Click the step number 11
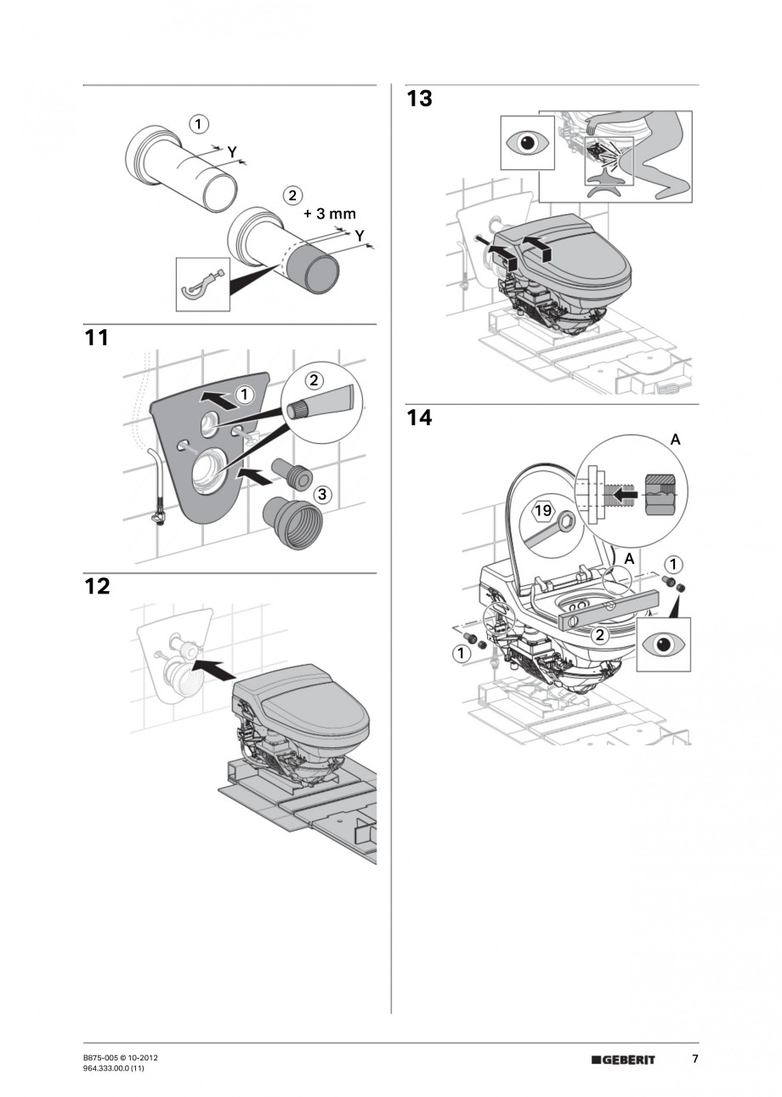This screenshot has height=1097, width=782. [97, 338]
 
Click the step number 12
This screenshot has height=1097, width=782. [97, 587]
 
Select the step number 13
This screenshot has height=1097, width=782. [419, 99]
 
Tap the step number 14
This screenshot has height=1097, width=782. [419, 418]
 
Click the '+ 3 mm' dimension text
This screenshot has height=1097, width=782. [330, 213]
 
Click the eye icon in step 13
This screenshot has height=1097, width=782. [531, 143]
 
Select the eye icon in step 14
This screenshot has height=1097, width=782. [666, 644]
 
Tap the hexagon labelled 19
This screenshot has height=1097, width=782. [543, 512]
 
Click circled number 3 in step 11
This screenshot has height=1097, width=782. [321, 494]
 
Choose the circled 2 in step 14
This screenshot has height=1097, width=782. [599, 634]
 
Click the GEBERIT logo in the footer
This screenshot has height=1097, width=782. [624, 1060]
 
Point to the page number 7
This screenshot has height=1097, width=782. [694, 1059]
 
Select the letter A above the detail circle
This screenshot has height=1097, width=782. [676, 439]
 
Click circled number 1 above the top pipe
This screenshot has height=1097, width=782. [198, 124]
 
